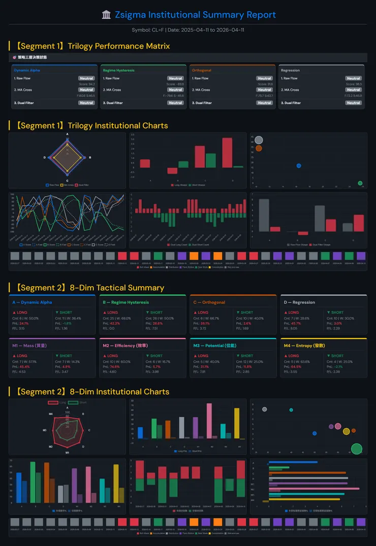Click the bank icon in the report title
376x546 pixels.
106,15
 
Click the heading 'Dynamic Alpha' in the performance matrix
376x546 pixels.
27,71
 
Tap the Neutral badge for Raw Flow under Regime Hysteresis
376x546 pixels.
175,79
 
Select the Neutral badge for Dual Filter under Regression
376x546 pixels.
353,103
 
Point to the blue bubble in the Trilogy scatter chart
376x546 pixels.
299,166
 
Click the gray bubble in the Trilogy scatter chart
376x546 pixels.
259,140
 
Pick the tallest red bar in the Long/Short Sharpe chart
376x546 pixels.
227,152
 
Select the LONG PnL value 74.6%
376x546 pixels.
114,366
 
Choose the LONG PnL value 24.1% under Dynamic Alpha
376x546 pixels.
23,323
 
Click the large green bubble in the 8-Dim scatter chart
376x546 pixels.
357,449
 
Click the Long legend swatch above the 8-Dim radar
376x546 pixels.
53,402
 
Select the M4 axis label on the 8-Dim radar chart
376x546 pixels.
51,415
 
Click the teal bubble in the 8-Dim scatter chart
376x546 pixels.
291,410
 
